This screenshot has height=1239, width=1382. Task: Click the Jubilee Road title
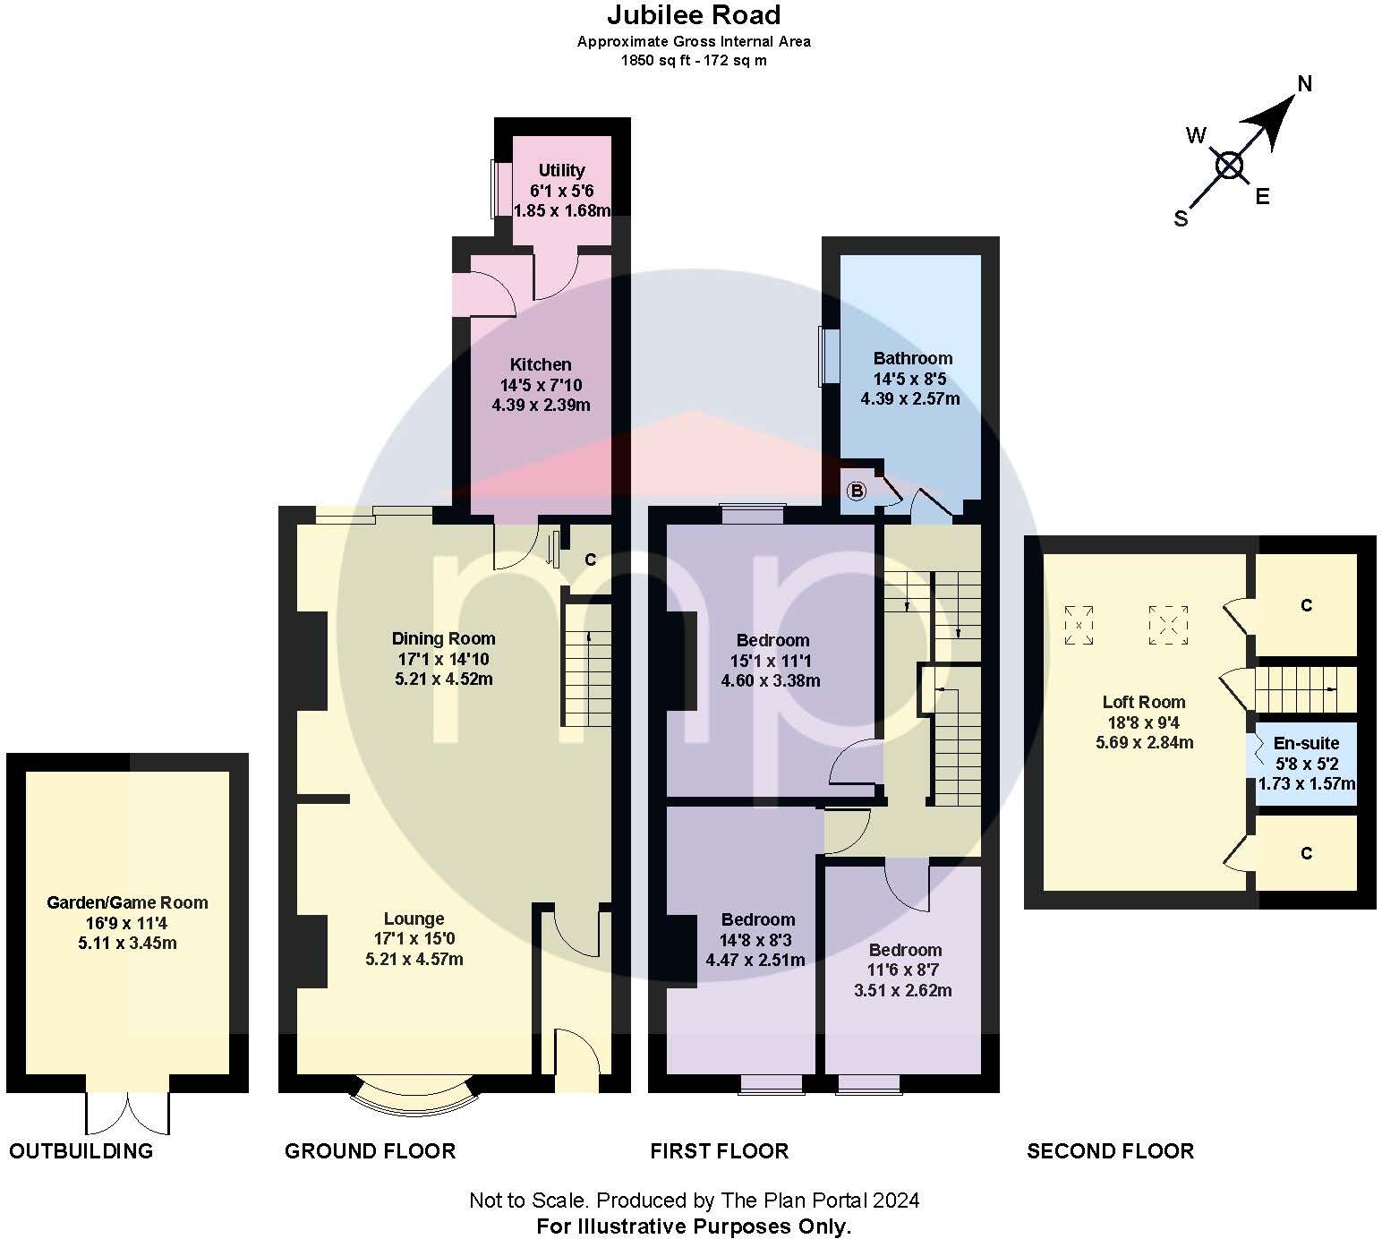(x=694, y=15)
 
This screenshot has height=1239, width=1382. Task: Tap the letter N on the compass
(x=1304, y=84)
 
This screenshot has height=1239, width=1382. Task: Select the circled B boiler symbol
(x=856, y=491)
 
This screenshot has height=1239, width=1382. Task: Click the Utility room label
(x=561, y=171)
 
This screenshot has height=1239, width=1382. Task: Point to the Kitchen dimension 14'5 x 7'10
(x=541, y=385)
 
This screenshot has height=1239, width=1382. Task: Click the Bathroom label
(x=913, y=358)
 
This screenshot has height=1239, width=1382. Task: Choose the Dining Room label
(x=443, y=638)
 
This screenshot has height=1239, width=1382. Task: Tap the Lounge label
(x=414, y=919)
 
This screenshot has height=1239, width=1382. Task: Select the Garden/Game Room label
(x=128, y=902)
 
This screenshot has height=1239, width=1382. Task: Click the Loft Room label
(x=1144, y=702)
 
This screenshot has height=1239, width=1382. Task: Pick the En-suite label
(x=1306, y=743)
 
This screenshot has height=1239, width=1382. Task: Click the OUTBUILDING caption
(x=81, y=1151)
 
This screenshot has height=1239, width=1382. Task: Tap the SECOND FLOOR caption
(x=1111, y=1151)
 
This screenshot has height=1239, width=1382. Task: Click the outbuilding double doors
(x=128, y=1112)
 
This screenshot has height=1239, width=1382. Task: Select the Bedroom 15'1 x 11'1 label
(x=772, y=640)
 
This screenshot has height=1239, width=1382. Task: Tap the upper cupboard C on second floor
(x=1306, y=605)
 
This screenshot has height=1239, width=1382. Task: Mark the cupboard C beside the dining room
(x=590, y=560)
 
